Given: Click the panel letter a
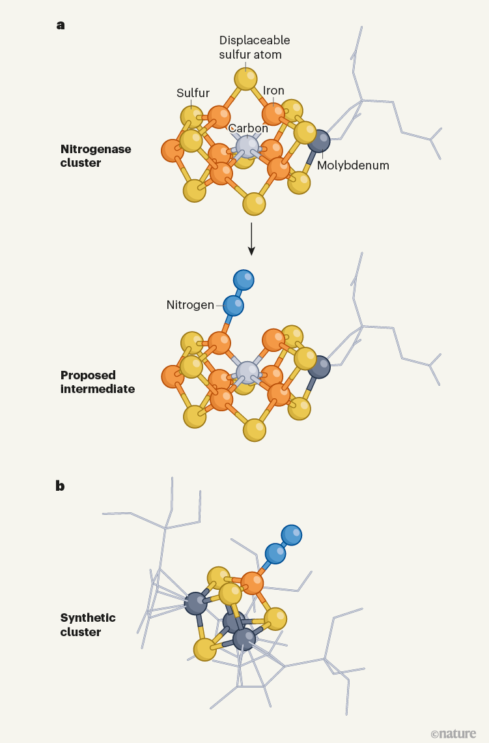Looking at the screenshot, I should (x=61, y=25).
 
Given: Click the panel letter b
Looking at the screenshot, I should (x=61, y=486).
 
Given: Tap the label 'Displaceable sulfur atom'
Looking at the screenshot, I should (x=255, y=47).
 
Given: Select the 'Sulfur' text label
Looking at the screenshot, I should (x=193, y=93).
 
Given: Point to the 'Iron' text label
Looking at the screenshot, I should (x=273, y=91).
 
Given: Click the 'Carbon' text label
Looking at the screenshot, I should (x=248, y=128).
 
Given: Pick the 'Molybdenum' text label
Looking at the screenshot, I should (x=353, y=166).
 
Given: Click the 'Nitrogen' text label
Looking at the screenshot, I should (x=190, y=305).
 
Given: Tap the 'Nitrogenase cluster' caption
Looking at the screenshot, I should (x=96, y=156).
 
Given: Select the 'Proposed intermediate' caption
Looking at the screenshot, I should (x=98, y=382).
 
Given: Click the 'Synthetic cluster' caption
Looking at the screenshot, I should (x=88, y=624).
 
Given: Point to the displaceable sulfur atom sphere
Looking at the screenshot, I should (x=246, y=78).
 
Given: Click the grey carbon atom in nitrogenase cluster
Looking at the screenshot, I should (x=247, y=146).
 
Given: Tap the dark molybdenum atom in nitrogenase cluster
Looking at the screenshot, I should (x=319, y=141).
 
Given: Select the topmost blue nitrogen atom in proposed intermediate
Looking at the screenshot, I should (x=244, y=280).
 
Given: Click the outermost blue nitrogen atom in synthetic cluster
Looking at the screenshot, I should (x=292, y=535).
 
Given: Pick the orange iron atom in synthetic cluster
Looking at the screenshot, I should (x=252, y=583).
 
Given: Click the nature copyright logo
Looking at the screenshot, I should (x=453, y=733).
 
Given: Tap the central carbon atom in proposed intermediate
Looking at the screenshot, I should (x=247, y=373).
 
